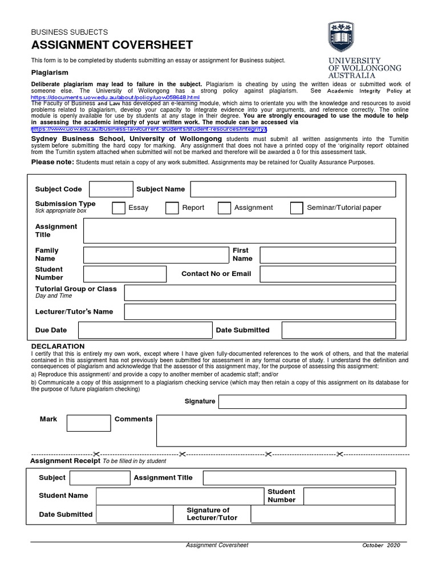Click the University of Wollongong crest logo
(344, 38)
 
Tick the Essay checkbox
(119, 208)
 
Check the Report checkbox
(172, 208)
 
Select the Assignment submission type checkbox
(224, 208)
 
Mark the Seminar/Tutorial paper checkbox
(297, 208)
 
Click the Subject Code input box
(111, 189)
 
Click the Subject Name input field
(293, 189)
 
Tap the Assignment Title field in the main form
(239, 230)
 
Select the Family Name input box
(156, 254)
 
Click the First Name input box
(327, 254)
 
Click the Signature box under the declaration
(312, 401)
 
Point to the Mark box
(88, 423)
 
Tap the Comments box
(281, 430)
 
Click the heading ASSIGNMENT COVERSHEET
(112, 46)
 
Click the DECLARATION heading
(58, 346)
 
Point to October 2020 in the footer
(382, 546)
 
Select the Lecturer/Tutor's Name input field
(259, 312)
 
